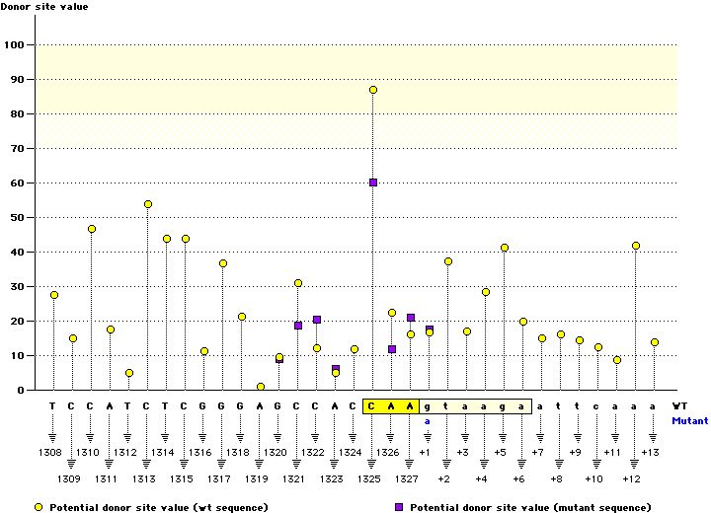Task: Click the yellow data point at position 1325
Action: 373,90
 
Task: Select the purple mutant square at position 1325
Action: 373,183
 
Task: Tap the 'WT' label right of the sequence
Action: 679,405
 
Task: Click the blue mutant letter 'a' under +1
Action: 429,420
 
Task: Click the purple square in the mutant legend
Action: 399,507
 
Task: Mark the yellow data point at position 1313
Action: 148,204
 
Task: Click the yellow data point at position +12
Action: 636,246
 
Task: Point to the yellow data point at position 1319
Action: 261,387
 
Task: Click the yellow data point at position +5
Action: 505,248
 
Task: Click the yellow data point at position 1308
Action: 54,295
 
